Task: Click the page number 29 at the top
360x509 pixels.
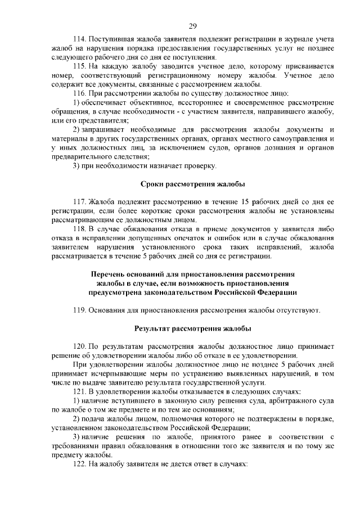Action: point(192,25)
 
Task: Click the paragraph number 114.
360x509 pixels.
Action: point(80,40)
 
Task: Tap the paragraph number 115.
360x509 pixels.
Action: point(80,65)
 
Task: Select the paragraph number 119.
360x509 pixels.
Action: point(80,309)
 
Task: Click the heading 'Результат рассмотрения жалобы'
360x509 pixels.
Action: point(192,328)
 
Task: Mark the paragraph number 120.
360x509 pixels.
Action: point(80,346)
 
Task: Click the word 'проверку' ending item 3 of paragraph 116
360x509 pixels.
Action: point(199,165)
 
